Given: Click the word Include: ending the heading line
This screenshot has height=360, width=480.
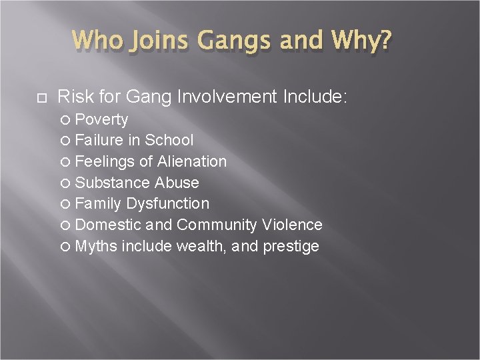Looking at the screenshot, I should pos(315,97).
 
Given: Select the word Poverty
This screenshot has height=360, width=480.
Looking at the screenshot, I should pos(101,119).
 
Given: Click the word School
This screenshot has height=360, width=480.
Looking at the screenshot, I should pos(169,140).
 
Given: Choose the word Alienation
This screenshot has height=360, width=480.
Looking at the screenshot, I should pos(192,161).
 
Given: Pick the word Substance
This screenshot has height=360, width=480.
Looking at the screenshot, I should pos(113,183).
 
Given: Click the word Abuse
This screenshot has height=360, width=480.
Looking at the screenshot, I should pos(177,183).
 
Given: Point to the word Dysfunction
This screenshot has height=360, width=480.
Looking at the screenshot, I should pos(167,203).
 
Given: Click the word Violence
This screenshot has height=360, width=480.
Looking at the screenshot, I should pos(293,225).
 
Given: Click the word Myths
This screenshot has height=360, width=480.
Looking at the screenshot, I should pos(96,246).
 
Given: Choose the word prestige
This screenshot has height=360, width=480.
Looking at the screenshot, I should pos(291,247).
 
